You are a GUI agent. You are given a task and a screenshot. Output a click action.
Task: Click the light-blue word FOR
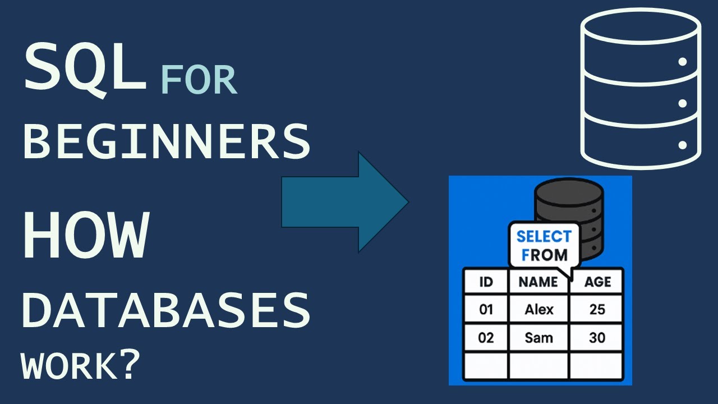(199, 80)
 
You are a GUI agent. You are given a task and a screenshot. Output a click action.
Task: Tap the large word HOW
(85, 235)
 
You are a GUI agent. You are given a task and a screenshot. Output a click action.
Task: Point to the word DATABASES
(166, 311)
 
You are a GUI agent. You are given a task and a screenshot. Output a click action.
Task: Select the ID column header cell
(486, 282)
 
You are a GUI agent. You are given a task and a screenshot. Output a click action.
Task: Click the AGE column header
(597, 282)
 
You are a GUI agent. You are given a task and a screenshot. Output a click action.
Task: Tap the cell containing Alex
(538, 309)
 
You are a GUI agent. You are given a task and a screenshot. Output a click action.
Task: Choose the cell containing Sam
(538, 338)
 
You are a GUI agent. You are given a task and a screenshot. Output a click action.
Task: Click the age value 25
(597, 309)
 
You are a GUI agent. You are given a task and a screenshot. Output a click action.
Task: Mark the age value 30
(597, 338)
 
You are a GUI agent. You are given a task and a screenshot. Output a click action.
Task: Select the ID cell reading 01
(486, 309)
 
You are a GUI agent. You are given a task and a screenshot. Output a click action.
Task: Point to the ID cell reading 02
(486, 338)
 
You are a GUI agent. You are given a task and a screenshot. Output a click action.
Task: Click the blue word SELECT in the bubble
(544, 236)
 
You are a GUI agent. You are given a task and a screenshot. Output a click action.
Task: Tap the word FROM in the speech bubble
(544, 255)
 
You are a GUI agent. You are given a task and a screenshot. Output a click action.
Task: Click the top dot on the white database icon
(683, 62)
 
